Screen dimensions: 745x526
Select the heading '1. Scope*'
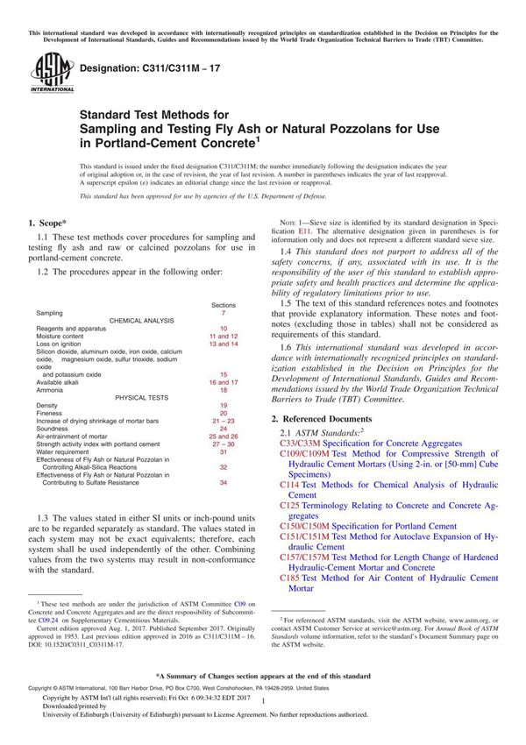50,223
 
